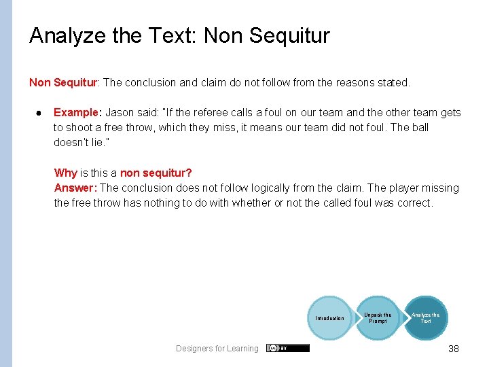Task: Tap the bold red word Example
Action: coord(76,113)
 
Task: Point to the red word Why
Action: coord(65,173)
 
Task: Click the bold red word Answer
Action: coord(75,188)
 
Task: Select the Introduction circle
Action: coord(329,318)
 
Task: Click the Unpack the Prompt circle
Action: coord(378,318)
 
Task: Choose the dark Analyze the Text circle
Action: coord(426,318)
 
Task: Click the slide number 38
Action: coord(453,349)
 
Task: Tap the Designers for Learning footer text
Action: coord(217,349)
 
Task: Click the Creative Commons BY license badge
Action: coord(288,348)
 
